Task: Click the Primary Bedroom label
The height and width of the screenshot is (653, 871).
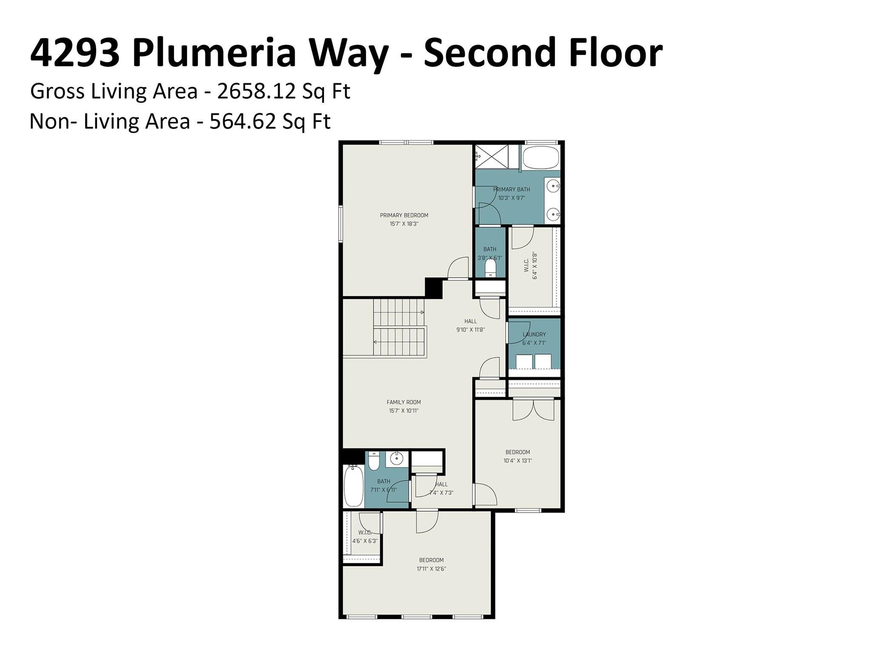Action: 404,215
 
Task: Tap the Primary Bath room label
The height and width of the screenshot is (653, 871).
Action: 512,189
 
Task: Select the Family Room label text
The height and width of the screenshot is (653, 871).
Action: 404,402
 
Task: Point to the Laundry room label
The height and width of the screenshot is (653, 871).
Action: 534,335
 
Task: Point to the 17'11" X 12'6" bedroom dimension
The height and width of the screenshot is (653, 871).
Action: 431,569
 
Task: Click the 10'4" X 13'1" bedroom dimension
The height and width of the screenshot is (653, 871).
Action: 518,460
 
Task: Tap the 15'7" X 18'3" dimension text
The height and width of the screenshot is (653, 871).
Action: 404,224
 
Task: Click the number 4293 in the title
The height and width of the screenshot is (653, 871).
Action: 75,53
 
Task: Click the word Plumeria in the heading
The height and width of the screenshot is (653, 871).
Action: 214,53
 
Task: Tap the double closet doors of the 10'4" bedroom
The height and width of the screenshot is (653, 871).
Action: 534,410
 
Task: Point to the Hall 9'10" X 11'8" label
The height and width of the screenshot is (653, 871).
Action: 470,325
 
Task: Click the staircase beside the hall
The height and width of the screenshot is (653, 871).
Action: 399,327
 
